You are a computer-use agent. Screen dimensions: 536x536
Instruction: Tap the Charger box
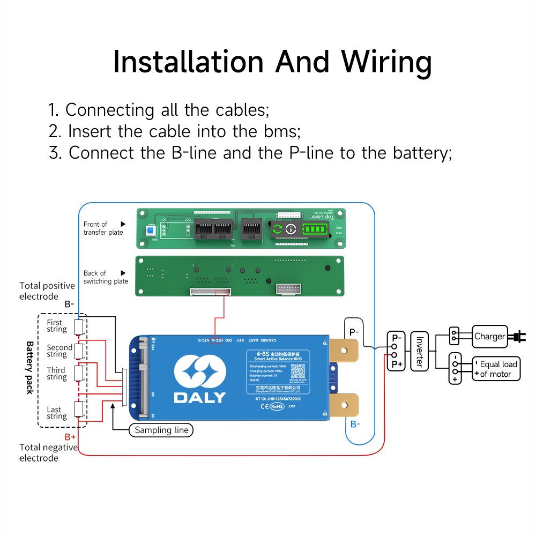click(489, 337)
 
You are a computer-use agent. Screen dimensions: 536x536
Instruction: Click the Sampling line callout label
click(161, 430)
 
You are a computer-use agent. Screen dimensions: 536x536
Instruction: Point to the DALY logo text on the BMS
click(199, 397)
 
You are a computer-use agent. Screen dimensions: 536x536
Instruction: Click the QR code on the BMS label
click(297, 370)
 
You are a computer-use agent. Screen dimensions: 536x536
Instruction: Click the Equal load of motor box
click(496, 369)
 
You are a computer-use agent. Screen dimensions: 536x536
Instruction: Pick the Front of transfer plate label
click(103, 228)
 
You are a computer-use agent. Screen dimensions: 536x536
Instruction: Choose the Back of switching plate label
click(106, 277)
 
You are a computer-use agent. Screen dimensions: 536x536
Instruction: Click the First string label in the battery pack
click(56, 326)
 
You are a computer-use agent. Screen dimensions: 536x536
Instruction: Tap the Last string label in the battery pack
click(56, 413)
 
